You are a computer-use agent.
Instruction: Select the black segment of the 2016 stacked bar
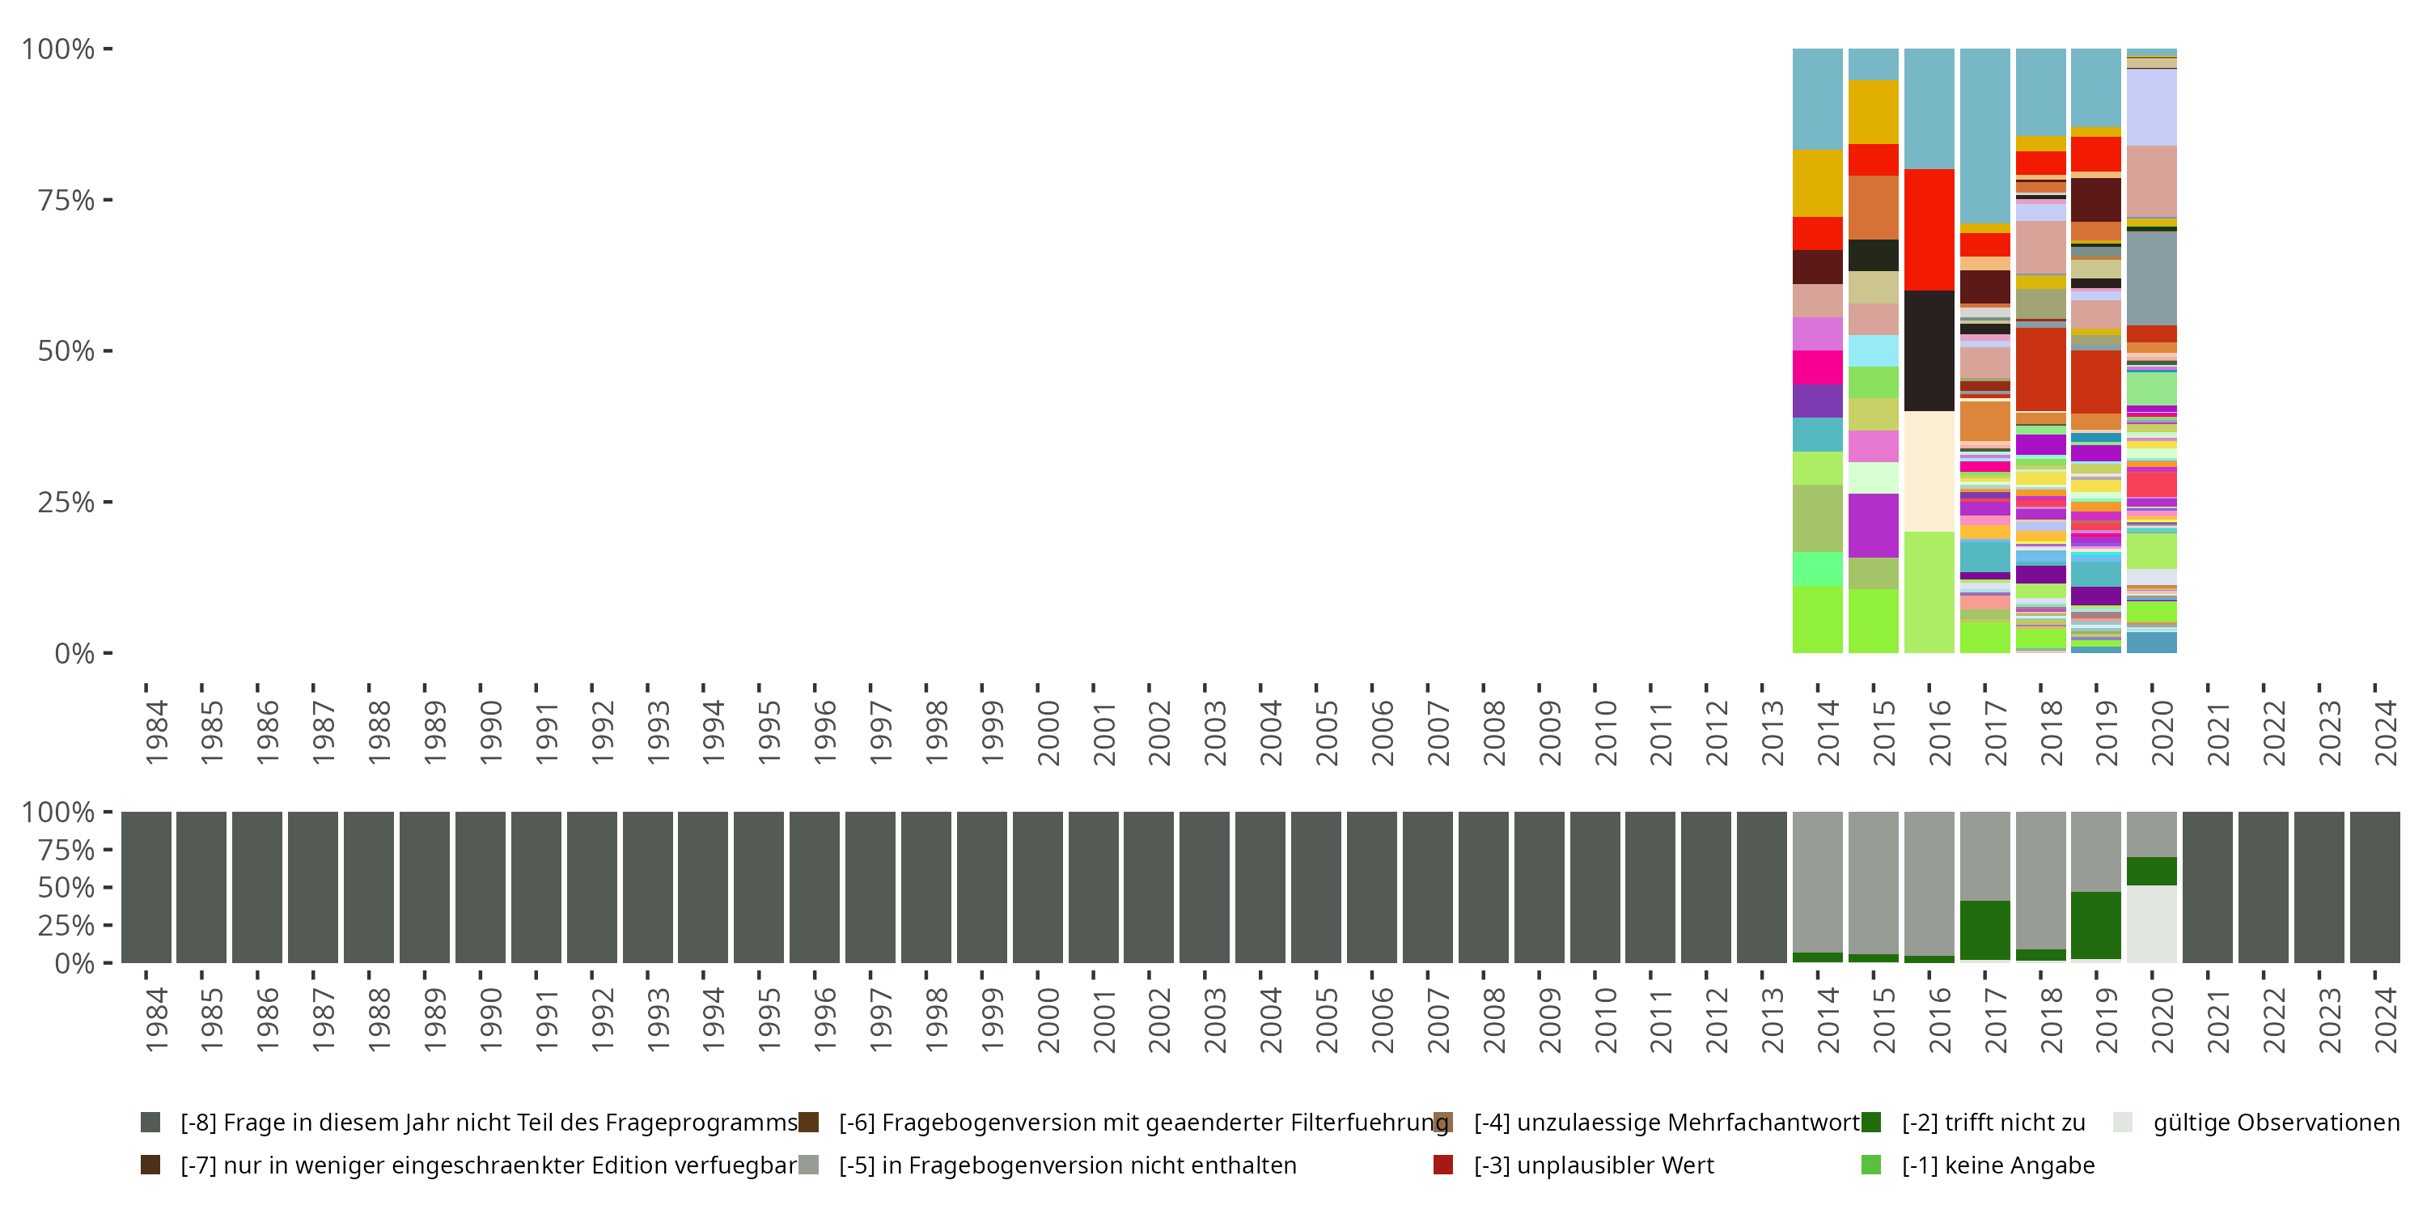(1929, 350)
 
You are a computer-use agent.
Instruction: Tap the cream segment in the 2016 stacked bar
(1929, 471)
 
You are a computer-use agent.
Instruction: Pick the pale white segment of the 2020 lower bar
(2151, 923)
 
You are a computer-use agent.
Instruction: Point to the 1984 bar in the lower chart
(146, 887)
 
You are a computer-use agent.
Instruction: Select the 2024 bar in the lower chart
(2374, 887)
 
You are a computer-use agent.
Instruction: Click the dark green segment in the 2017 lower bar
(1984, 929)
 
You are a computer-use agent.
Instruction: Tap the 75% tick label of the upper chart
(66, 201)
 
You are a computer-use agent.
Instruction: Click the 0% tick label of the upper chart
(74, 653)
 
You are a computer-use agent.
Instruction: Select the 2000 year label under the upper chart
(1048, 733)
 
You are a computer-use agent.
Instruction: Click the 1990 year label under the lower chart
(490, 1021)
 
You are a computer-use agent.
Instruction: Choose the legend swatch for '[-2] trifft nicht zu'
(1871, 1123)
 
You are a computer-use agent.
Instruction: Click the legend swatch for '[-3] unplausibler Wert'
(1442, 1165)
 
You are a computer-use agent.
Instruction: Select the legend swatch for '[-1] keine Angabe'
(1871, 1165)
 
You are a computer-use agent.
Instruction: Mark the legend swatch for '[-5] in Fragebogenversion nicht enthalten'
(808, 1165)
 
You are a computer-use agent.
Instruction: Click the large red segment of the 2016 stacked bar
(1929, 229)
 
